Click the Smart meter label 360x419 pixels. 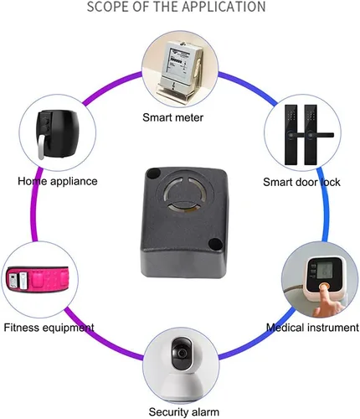pos(172,117)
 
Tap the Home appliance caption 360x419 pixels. pos(58,181)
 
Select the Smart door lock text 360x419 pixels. pos(301,182)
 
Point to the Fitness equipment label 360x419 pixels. pos(49,328)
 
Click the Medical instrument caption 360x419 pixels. pos(312,327)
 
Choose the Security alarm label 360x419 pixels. pos(184,412)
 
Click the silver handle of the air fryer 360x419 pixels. pos(41,147)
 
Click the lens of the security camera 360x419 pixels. pos(182,354)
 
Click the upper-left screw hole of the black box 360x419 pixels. pos(153,173)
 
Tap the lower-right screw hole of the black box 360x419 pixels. pos(215,243)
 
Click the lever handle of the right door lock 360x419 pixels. pos(321,136)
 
